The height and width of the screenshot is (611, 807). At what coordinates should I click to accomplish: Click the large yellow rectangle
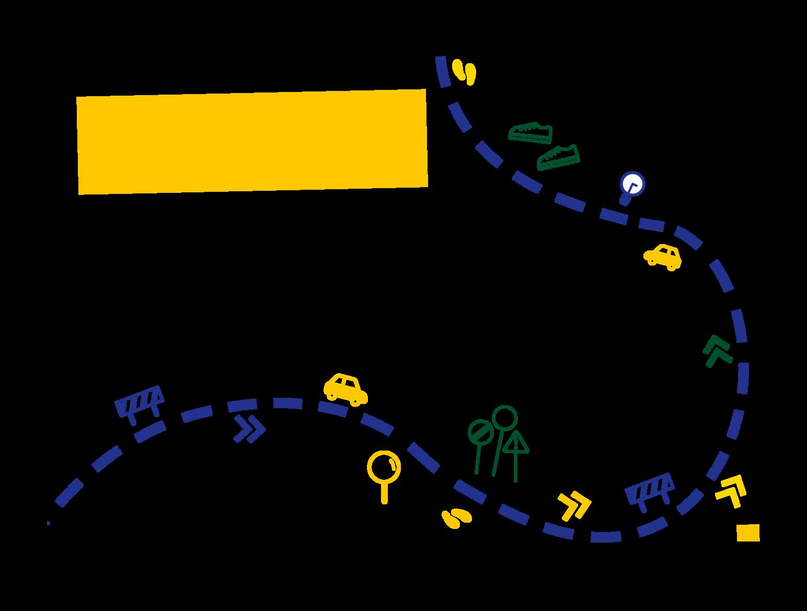pos(252,142)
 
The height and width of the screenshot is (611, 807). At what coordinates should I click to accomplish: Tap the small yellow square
pos(748,533)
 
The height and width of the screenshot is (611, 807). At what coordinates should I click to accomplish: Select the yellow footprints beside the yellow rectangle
pos(464,72)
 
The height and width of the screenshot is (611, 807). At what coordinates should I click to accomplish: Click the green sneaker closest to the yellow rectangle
pos(531,132)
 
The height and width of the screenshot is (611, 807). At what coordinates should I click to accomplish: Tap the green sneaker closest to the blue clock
pos(558,157)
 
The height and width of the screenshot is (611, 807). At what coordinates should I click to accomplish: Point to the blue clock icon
pos(632,185)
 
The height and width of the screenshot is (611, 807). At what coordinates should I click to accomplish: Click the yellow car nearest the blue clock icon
pos(663,256)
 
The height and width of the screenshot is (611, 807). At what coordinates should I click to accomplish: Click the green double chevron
pos(718,351)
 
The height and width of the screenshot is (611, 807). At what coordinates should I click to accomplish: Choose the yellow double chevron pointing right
pos(574,505)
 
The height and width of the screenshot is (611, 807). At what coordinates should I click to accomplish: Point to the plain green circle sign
pos(504,418)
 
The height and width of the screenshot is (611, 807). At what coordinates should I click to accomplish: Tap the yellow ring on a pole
pos(384,466)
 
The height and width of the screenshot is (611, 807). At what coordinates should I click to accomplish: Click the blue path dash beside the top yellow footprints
pos(442,72)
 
